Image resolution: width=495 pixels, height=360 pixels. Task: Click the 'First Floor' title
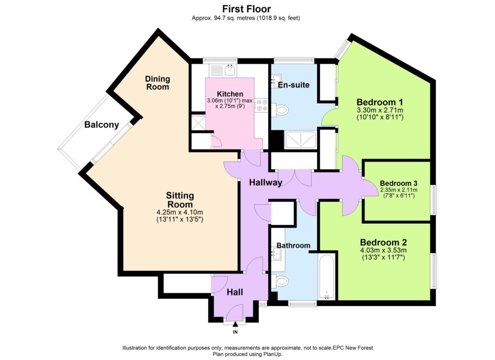click(247, 9)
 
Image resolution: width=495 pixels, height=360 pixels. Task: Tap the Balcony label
click(102, 125)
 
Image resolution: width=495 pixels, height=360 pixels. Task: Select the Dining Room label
click(158, 83)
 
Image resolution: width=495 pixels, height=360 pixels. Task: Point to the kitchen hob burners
click(262, 105)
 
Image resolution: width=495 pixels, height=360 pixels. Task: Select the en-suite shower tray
click(300, 140)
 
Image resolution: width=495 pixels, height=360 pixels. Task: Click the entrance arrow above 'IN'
click(235, 324)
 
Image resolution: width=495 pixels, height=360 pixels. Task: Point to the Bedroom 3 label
click(399, 183)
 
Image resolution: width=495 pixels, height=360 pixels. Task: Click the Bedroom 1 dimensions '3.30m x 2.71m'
click(380, 110)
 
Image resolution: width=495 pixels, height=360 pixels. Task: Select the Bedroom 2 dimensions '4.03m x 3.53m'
click(383, 250)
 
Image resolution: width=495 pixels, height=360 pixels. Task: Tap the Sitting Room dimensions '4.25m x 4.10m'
click(180, 212)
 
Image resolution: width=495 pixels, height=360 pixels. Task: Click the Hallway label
click(265, 182)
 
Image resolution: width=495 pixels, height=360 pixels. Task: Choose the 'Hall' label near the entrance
click(235, 292)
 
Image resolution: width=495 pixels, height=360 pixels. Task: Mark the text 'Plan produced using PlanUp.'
click(247, 354)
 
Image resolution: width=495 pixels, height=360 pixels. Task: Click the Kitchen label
click(230, 94)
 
